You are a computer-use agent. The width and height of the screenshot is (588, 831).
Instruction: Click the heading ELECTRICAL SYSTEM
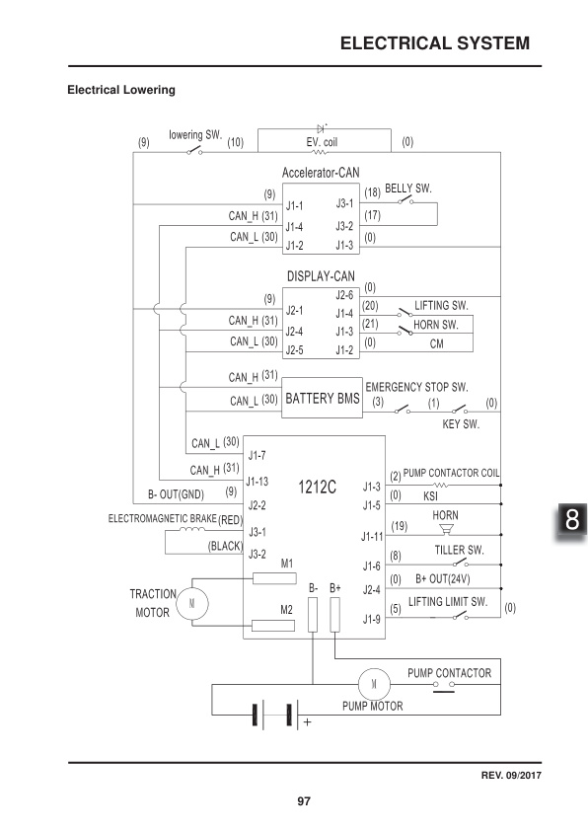point(434,43)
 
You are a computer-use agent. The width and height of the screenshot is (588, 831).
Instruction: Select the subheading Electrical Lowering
point(120,91)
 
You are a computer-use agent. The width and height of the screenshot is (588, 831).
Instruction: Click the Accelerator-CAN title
point(321,173)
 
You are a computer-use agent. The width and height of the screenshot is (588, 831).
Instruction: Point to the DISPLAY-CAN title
point(321,275)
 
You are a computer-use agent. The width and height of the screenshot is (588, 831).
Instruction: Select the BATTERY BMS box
point(323,400)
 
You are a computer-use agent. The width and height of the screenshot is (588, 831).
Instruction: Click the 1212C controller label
point(317,487)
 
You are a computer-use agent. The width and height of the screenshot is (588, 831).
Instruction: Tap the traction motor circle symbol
point(192,601)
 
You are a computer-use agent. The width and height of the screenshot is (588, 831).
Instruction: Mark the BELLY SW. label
point(407,188)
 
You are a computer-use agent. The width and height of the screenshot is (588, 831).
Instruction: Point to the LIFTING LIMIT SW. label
point(449,601)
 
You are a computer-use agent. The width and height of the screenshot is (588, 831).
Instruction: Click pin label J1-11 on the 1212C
point(371,537)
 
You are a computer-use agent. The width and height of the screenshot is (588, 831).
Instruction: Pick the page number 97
point(304,800)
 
